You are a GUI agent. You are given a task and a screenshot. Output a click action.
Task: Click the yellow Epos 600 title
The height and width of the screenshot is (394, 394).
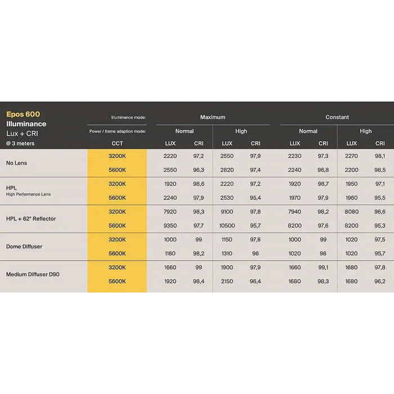tap(23, 114)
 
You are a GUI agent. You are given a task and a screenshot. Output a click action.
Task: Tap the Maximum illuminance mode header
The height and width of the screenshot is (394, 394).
tap(213, 117)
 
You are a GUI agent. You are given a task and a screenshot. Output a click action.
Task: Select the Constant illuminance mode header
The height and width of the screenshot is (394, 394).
tap(337, 117)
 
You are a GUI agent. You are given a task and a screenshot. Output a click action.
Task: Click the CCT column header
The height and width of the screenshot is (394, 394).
tap(117, 144)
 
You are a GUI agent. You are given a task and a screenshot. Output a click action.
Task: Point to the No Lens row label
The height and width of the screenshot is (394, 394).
tap(16, 163)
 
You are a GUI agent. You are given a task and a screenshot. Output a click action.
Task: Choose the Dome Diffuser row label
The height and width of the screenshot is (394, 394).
tap(24, 247)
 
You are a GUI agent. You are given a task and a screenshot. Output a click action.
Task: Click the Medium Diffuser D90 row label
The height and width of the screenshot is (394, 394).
tap(33, 274)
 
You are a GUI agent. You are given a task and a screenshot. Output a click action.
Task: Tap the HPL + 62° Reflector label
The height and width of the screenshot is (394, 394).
tap(31, 218)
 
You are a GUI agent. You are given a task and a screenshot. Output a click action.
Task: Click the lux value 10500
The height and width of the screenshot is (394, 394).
tap(227, 226)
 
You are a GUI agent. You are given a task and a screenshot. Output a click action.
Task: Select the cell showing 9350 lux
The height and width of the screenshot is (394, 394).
tap(170, 226)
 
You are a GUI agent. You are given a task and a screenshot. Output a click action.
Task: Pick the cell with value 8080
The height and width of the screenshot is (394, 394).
tap(351, 212)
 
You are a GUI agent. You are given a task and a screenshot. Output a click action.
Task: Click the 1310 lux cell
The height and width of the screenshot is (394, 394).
tap(227, 253)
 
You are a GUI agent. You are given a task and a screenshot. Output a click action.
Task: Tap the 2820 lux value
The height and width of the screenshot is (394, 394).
tap(227, 169)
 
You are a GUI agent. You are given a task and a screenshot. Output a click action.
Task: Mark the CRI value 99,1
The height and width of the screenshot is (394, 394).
tap(323, 267)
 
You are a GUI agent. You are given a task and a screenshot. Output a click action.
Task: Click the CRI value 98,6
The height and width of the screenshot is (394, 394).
tap(199, 184)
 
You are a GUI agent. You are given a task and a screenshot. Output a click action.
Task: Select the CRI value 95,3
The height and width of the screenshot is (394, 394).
tap(380, 226)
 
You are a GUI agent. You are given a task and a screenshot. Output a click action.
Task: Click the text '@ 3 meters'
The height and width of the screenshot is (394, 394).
tap(21, 144)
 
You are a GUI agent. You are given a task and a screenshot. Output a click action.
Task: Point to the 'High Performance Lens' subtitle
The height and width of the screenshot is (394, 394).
tap(28, 194)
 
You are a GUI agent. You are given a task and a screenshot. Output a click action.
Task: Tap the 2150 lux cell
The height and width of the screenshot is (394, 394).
tap(227, 281)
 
